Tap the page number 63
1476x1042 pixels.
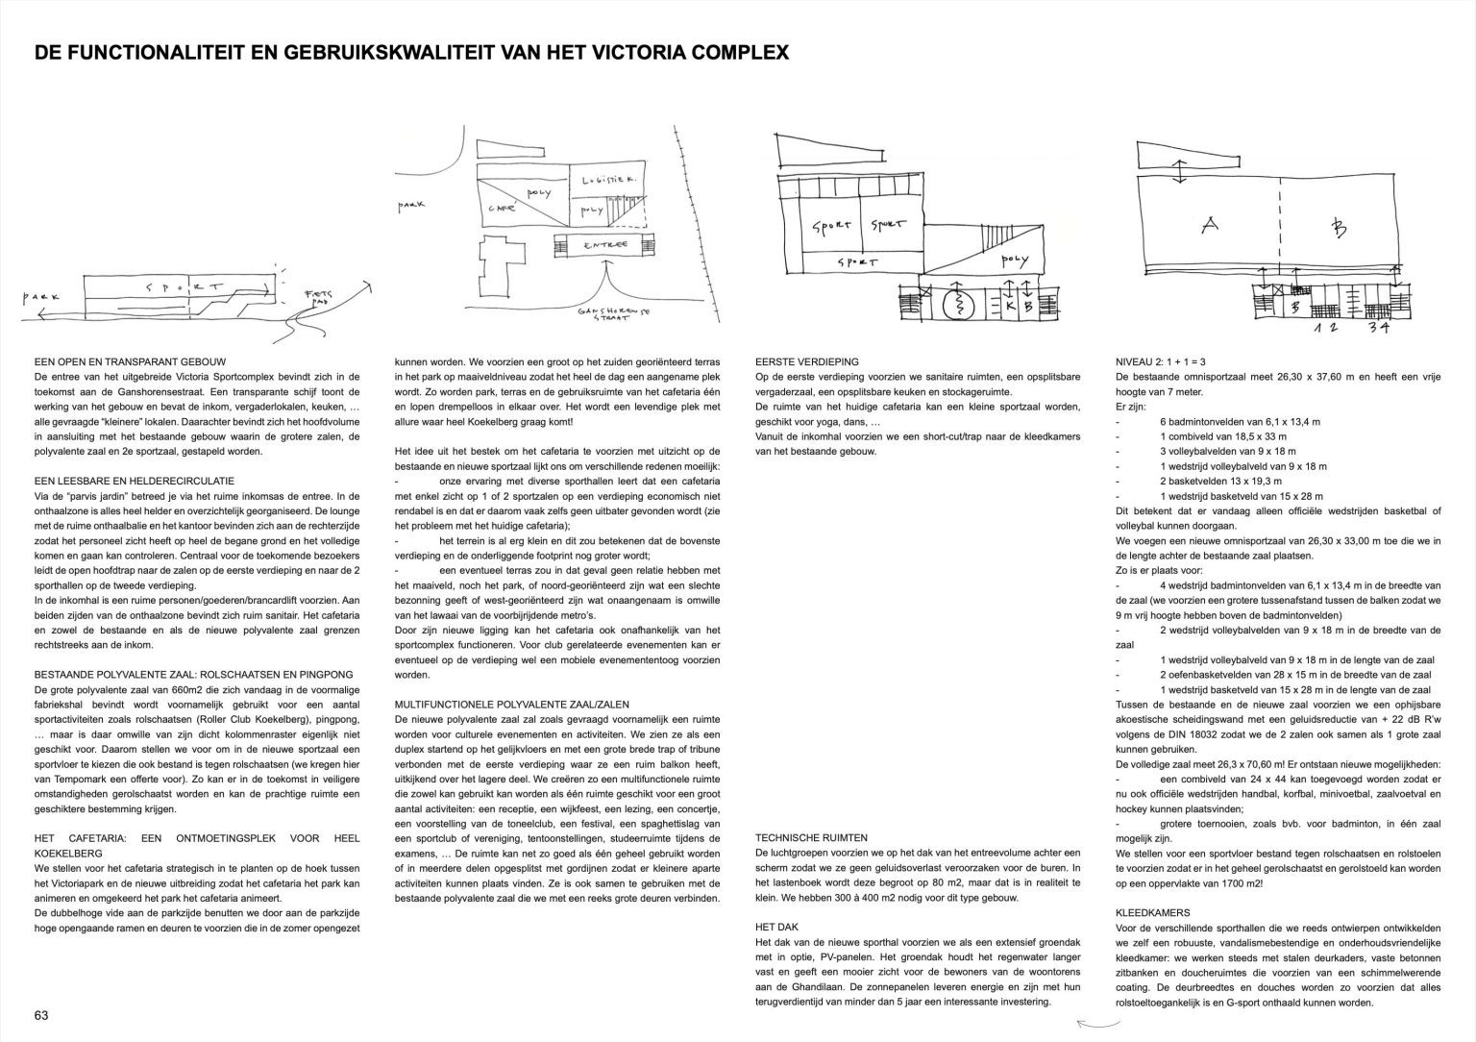(x=41, y=1015)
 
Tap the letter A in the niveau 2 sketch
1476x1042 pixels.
(x=1210, y=226)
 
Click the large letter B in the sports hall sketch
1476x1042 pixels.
(x=1339, y=228)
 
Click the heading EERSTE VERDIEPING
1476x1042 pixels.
(x=807, y=361)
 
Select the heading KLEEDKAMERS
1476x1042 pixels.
(x=1153, y=912)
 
